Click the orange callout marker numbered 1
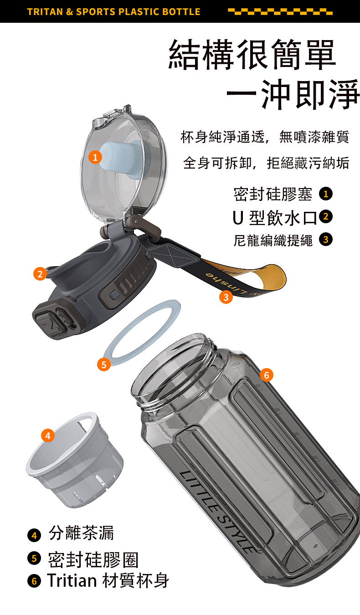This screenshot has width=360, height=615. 95,157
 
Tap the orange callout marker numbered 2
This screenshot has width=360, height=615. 40,274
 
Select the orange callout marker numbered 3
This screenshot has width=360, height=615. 226,297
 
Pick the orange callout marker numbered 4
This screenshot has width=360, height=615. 48,436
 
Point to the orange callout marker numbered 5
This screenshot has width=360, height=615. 104,364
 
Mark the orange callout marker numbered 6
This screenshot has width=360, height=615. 267,375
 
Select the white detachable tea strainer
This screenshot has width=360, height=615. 74,461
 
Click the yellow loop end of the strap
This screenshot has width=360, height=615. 271,277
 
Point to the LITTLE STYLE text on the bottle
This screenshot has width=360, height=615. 217,511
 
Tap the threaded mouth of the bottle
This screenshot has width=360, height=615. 176,371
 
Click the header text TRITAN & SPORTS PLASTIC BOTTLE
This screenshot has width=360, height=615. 113,12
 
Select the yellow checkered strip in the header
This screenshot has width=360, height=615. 280,11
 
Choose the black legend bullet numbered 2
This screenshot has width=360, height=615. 326,217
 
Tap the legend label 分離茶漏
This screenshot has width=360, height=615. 81,533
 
